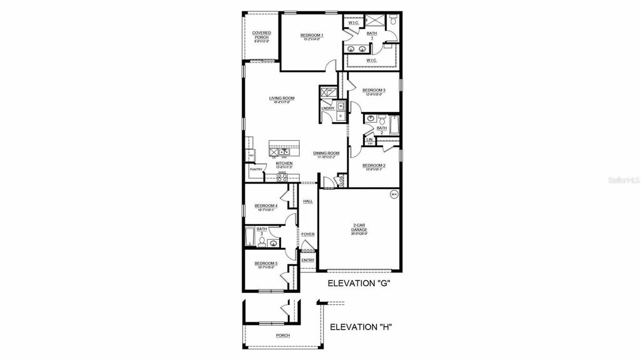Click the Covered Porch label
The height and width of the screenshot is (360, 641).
tap(261, 35)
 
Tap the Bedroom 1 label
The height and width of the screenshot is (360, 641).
tap(311, 35)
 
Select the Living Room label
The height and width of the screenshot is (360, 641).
tap(282, 98)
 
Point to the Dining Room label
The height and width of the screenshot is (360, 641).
tap(326, 153)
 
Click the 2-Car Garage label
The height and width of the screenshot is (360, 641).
tap(359, 228)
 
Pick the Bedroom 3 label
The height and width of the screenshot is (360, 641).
tap(374, 90)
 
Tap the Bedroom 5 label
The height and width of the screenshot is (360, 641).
tap(265, 264)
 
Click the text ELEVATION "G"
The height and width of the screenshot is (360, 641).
tap(359, 284)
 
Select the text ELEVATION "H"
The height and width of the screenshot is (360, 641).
tap(361, 327)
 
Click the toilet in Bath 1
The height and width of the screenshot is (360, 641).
tap(392, 21)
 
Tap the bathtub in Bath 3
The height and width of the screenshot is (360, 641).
tap(250, 237)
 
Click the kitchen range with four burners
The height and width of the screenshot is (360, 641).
tap(282, 178)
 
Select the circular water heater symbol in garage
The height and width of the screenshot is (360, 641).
tap(394, 195)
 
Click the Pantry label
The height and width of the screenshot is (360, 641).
tap(255, 169)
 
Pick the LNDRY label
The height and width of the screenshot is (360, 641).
tap(327, 109)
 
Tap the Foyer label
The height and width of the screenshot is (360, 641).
tap(307, 234)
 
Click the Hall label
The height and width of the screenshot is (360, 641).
tap(308, 201)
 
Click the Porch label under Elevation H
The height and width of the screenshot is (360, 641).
tap(283, 336)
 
